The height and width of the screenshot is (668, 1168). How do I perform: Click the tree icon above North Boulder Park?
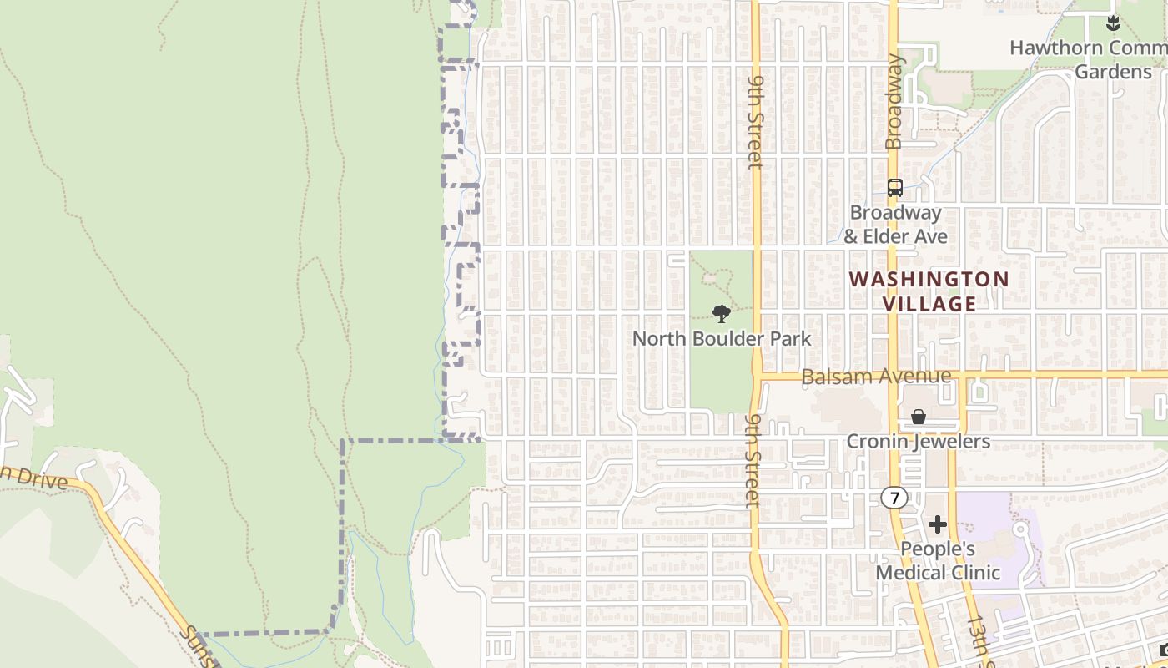pyautogui.click(x=722, y=314)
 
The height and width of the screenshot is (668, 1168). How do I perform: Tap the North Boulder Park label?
pyautogui.click(x=722, y=338)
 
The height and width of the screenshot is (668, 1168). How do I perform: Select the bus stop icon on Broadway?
pyautogui.click(x=895, y=188)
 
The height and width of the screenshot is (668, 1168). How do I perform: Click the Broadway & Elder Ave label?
pyautogui.click(x=895, y=225)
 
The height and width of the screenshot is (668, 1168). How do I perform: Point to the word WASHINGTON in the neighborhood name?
pyautogui.click(x=929, y=279)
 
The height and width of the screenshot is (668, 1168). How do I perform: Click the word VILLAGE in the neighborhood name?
pyautogui.click(x=929, y=304)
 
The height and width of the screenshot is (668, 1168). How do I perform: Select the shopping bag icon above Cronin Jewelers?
pyautogui.click(x=919, y=417)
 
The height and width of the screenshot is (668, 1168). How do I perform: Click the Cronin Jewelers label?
pyautogui.click(x=919, y=441)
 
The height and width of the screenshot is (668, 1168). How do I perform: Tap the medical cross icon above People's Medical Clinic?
pyautogui.click(x=938, y=524)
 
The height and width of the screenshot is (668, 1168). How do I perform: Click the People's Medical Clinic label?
pyautogui.click(x=938, y=560)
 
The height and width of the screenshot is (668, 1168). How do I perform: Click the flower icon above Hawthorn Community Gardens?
pyautogui.click(x=1113, y=23)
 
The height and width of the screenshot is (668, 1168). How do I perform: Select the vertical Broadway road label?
pyautogui.click(x=895, y=102)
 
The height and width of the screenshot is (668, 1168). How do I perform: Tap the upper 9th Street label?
pyautogui.click(x=756, y=121)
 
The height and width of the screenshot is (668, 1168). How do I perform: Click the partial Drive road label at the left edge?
pyautogui.click(x=33, y=478)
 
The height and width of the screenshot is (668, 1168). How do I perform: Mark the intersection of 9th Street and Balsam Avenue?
pyautogui.click(x=758, y=376)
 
